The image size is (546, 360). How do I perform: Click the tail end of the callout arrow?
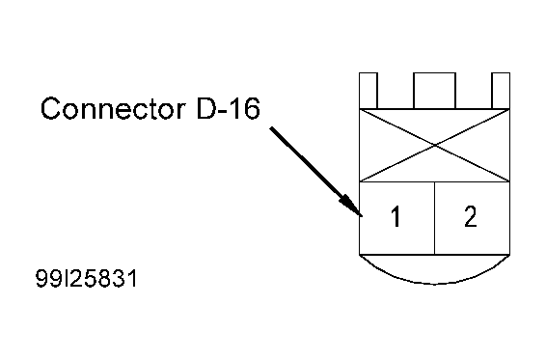(x=272, y=128)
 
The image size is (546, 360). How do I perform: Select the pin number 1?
(x=395, y=217)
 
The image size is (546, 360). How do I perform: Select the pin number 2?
(x=470, y=217)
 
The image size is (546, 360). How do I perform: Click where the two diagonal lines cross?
(x=434, y=145)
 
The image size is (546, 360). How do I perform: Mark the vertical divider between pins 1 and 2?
(x=434, y=217)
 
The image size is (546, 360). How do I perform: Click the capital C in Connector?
(x=50, y=108)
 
